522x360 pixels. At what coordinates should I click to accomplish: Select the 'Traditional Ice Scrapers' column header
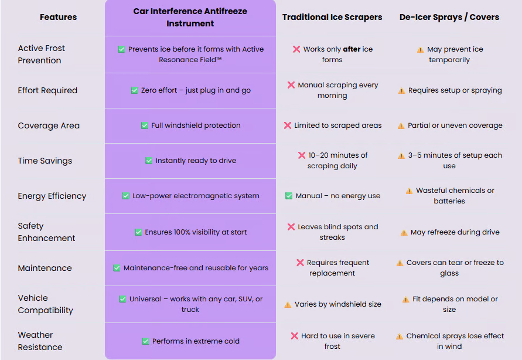pos(332,17)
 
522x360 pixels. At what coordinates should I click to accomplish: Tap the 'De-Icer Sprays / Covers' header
pos(449,17)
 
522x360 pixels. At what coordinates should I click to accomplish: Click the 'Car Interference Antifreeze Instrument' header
pos(190,18)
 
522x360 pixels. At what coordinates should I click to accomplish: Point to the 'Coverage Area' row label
pos(49,125)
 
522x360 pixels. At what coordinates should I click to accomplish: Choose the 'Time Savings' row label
pos(45,161)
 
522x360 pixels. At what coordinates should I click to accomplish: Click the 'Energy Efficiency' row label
pos(52,196)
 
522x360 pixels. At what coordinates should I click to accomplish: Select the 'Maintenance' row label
pos(45,268)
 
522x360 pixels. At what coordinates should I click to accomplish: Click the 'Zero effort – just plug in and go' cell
pos(190,90)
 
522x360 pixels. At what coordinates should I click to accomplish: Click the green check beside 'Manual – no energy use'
pos(289,196)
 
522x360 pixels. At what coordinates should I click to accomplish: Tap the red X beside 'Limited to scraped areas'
pos(288,125)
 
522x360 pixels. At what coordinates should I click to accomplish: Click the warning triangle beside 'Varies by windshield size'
pos(288,304)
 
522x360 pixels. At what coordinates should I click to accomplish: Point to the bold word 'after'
pos(352,49)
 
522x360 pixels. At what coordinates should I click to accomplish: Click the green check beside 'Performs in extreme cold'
pos(145,341)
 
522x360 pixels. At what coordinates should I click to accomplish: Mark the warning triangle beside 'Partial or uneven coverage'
pos(401,125)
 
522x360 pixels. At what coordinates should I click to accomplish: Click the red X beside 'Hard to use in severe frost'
pos(295,336)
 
